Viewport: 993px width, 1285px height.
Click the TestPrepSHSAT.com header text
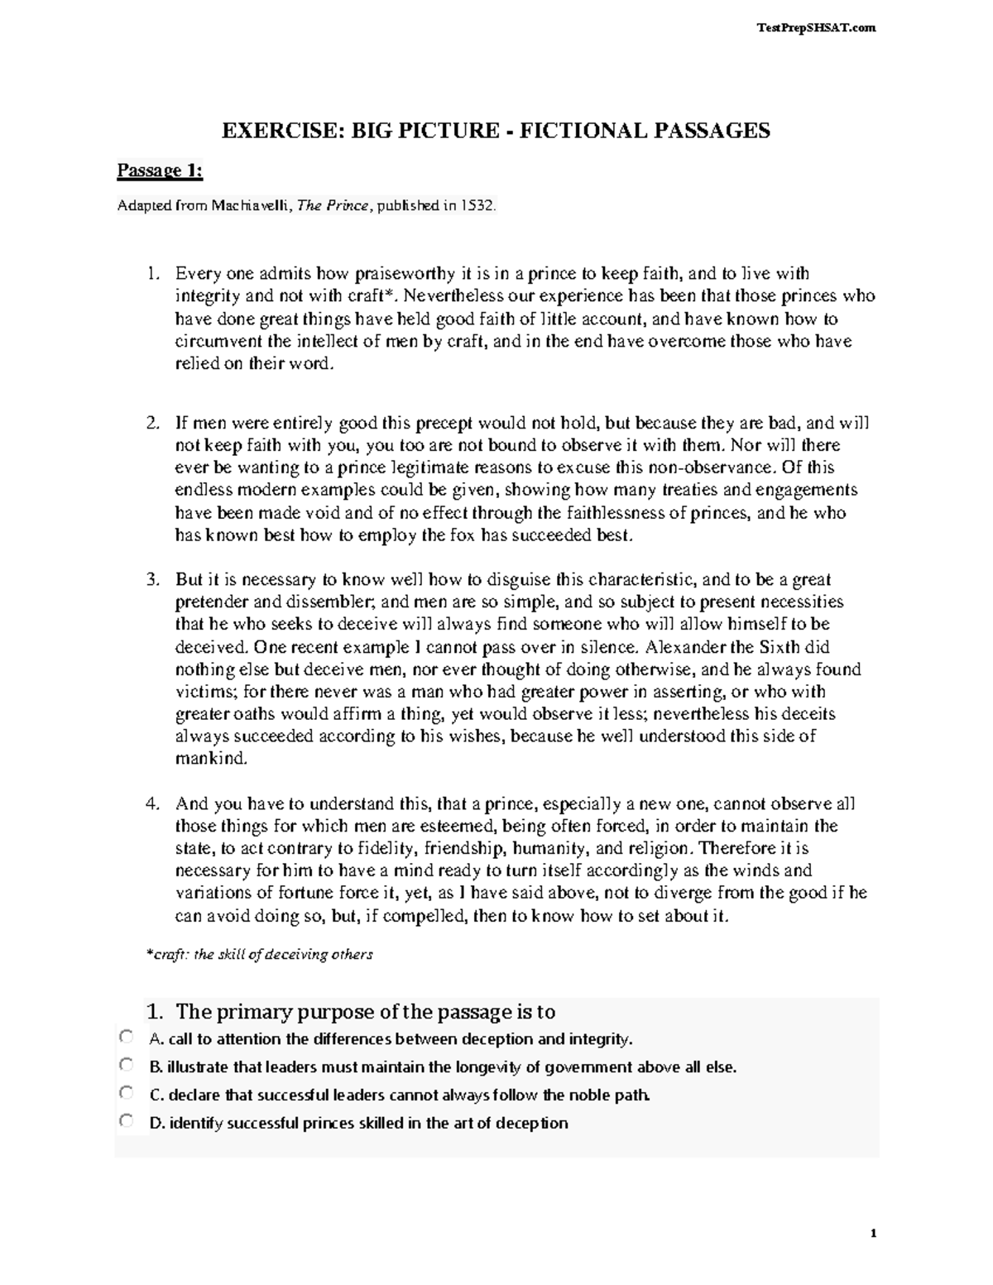815,28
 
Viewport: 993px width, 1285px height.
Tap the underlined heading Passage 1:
160,171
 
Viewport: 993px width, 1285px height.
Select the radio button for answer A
125,1037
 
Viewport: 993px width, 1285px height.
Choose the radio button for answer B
125,1065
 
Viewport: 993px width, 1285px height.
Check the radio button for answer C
125,1093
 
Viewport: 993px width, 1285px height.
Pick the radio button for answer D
125,1121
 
